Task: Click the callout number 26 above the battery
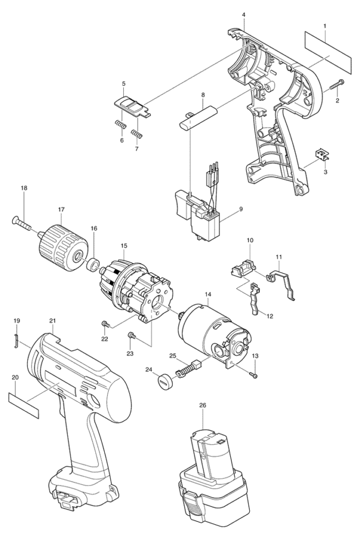click(202, 406)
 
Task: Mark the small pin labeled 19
click(16, 341)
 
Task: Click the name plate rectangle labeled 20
click(23, 406)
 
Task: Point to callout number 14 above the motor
click(208, 294)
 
